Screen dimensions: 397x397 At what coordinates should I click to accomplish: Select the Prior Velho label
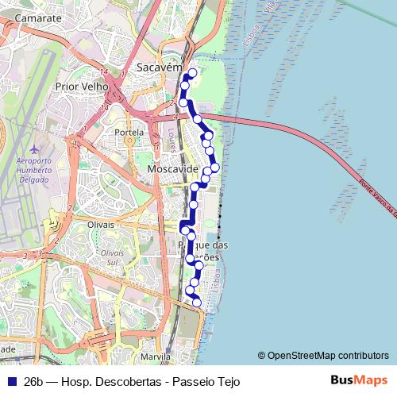(82, 86)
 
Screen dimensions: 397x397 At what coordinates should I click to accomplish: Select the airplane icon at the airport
(33, 148)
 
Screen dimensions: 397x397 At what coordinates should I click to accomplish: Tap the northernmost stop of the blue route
(191, 73)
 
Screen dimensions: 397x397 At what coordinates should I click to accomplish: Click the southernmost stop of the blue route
(196, 302)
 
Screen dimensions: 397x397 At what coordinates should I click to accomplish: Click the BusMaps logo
(359, 380)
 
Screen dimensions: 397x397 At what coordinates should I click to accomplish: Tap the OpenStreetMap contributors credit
(322, 355)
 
